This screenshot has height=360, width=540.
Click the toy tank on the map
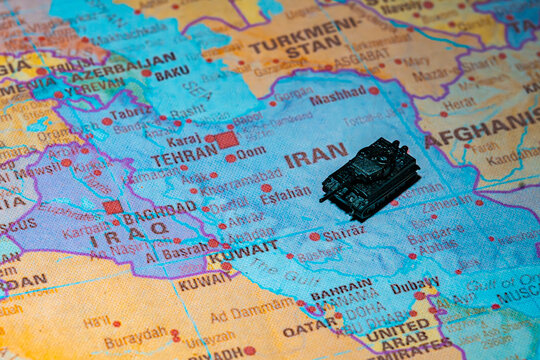pyautogui.click(x=371, y=178)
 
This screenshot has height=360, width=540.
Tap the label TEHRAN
pyautogui.click(x=184, y=156)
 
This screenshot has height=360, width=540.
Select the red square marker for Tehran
pyautogui.click(x=227, y=140)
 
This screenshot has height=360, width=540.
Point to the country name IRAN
pyautogui.click(x=315, y=156)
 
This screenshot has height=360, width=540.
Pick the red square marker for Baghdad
pyautogui.click(x=113, y=207)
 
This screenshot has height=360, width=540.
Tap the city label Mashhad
pyautogui.click(x=337, y=98)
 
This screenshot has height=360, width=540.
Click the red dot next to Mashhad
pyautogui.click(x=373, y=90)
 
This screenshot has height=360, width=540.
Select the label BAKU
pyautogui.click(x=172, y=73)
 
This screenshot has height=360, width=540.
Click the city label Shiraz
pyautogui.click(x=344, y=232)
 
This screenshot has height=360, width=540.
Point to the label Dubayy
pyautogui.click(x=415, y=284)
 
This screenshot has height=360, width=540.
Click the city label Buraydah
pyautogui.click(x=135, y=340)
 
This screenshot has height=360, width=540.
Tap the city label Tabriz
pyautogui.click(x=131, y=113)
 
